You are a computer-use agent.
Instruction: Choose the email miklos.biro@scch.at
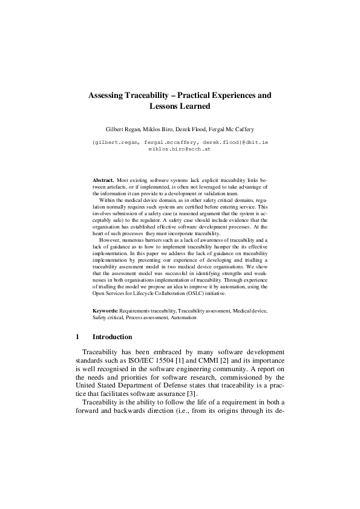click(x=180, y=147)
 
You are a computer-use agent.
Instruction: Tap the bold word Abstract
click(x=103, y=181)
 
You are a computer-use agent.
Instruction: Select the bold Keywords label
click(x=105, y=310)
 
